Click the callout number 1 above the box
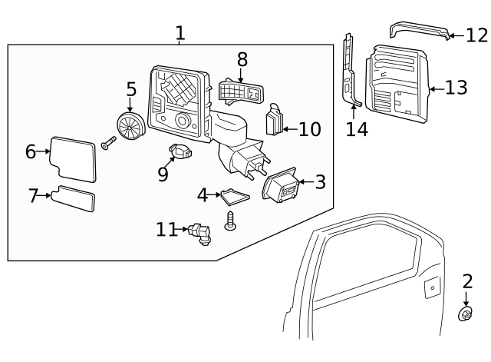180,33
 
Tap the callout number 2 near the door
467,281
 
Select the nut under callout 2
465,314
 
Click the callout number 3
320,182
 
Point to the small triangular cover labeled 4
236,196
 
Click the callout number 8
242,59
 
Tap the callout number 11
166,228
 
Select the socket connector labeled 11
200,232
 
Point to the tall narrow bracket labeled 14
351,73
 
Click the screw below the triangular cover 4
229,221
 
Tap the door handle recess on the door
433,288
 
